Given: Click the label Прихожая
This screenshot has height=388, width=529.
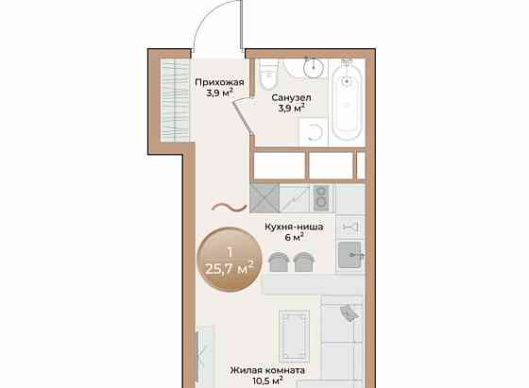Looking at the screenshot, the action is pyautogui.click(x=219, y=82).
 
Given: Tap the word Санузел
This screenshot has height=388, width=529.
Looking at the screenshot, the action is pyautogui.click(x=291, y=98).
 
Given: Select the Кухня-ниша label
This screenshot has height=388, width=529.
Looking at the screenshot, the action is pyautogui.click(x=294, y=227).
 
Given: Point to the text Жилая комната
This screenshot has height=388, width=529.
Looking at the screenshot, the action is pyautogui.click(x=267, y=370).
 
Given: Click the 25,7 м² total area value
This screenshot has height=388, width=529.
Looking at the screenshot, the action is pyautogui.click(x=229, y=269).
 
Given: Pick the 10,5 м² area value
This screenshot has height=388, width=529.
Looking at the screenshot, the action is pyautogui.click(x=268, y=381).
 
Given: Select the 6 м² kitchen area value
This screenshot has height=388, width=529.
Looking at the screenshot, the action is pyautogui.click(x=295, y=237).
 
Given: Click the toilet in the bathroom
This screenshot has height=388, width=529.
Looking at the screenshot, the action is pyautogui.click(x=269, y=75).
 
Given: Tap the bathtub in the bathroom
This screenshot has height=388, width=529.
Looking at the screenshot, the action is pyautogui.click(x=347, y=100).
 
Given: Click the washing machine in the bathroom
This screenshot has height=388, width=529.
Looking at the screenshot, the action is pyautogui.click(x=314, y=132).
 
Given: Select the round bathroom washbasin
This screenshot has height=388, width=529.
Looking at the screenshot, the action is pyautogui.click(x=314, y=67).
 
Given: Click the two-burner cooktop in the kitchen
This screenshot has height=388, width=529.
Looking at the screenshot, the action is pyautogui.click(x=321, y=198).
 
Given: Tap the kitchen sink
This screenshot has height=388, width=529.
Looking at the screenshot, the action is pyautogui.click(x=350, y=255).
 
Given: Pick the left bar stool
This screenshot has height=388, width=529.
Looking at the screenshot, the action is pyautogui.click(x=279, y=261).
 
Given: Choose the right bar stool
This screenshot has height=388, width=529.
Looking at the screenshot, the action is pyautogui.click(x=303, y=261).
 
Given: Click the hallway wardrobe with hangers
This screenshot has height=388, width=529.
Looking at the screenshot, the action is pyautogui.click(x=175, y=100).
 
